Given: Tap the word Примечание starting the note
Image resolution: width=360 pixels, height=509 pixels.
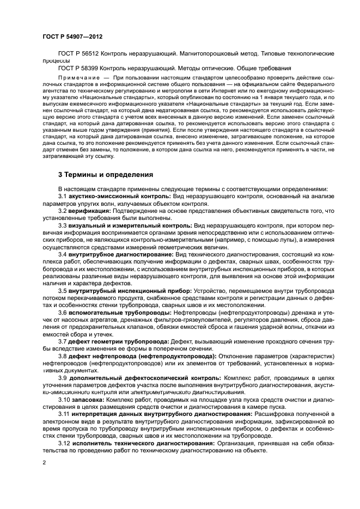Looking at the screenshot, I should [x=78, y=78].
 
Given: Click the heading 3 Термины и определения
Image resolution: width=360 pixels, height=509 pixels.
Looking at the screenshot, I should [x=105, y=175].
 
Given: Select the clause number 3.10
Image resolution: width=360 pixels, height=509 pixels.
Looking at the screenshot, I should [x=63, y=399].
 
